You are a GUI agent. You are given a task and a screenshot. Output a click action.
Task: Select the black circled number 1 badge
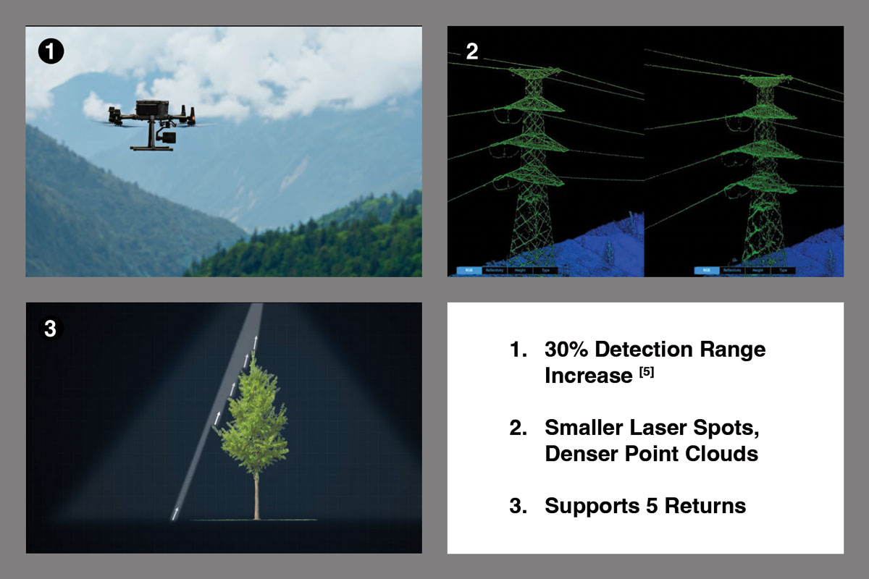point(51,51)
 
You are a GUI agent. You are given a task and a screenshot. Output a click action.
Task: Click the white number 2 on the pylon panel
point(471,52)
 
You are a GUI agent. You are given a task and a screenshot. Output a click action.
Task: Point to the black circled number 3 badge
point(50,328)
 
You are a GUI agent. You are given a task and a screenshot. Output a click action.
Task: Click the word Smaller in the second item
point(588,428)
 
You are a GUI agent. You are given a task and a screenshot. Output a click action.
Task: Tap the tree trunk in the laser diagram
point(256,491)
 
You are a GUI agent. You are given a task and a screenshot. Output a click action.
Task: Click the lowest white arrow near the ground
point(175,514)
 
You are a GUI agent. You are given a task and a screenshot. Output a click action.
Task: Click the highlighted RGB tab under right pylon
point(707,270)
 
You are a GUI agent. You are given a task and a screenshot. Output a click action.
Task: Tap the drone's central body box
point(153,108)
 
